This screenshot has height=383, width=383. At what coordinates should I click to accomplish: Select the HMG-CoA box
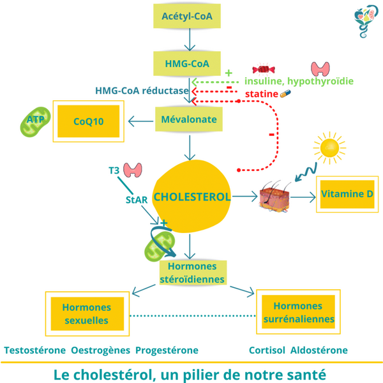tap(188, 63)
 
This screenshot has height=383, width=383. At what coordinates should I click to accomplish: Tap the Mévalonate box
tap(189, 119)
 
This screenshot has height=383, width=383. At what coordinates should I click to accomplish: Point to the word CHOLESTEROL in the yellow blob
tap(192, 197)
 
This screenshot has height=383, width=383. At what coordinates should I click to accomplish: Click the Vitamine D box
tap(347, 194)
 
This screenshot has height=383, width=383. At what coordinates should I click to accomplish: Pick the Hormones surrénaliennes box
tap(299, 313)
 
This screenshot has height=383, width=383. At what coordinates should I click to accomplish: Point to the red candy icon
tap(263, 70)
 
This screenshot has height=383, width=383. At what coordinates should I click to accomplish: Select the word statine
tap(262, 94)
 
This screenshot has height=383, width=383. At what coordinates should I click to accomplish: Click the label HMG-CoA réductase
tap(142, 91)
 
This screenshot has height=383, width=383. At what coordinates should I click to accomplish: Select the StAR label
tap(137, 199)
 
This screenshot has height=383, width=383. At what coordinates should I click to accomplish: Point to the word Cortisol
tap(267, 350)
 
